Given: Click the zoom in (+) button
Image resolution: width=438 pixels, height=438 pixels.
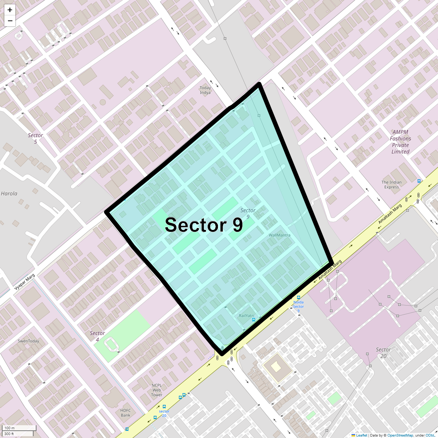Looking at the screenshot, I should (10, 10).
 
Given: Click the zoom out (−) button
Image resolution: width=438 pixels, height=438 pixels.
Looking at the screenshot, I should (10, 21).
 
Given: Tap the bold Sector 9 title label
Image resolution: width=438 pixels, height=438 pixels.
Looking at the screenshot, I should (204, 225).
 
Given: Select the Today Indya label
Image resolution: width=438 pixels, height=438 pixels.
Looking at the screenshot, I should (205, 90).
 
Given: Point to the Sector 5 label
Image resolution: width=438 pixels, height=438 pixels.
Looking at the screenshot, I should (35, 138).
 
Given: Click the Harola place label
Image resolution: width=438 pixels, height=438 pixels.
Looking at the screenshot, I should (9, 193).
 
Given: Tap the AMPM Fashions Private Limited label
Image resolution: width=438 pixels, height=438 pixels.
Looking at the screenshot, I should (400, 142).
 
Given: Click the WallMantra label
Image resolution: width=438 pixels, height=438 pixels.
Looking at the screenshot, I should (280, 235).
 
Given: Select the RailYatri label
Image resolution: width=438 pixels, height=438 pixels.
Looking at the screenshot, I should (246, 316).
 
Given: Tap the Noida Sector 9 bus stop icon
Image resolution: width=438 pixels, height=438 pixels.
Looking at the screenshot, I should (299, 297).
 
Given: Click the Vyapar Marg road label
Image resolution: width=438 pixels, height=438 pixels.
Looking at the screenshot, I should (24, 282).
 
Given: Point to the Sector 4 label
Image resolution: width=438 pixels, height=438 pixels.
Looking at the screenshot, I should (97, 336).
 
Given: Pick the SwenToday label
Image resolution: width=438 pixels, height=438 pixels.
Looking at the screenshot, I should (28, 341).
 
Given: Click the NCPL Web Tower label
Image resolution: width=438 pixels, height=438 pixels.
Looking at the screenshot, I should (157, 390).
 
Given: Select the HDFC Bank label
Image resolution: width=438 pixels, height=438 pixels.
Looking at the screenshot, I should (126, 413).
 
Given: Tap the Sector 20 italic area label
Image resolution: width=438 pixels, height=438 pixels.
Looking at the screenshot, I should (383, 353).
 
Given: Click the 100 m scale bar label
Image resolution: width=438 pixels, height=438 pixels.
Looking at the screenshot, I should (10, 428).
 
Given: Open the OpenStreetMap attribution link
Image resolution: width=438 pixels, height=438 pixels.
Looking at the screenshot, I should (400, 435).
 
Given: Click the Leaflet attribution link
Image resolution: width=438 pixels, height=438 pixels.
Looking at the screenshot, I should (361, 435).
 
